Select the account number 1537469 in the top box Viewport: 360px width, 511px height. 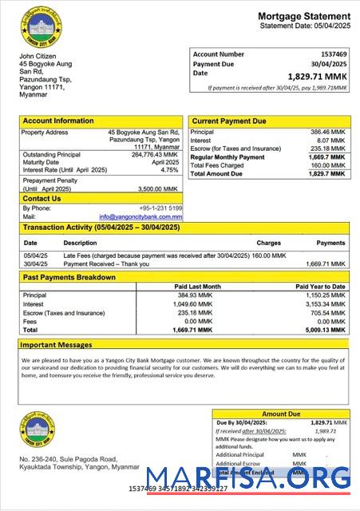point(331,53)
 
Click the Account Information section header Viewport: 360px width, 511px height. point(58,121)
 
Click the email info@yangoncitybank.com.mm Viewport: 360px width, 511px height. point(140,216)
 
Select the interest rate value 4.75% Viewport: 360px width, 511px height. point(169,170)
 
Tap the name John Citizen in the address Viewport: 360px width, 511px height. point(38,57)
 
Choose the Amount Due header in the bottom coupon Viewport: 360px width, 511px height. point(281,414)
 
